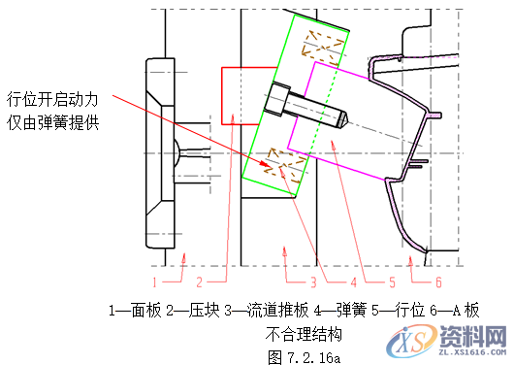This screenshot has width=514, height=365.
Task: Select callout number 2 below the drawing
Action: click(x=198, y=282)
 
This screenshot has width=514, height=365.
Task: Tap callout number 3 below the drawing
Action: click(x=313, y=282)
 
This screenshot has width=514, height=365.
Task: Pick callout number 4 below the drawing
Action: click(x=353, y=282)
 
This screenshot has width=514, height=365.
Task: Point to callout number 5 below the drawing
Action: click(x=393, y=282)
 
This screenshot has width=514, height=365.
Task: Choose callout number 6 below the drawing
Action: click(x=438, y=282)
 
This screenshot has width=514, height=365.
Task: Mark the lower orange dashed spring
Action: click(x=282, y=162)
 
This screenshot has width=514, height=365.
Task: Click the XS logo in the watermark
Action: click(x=408, y=341)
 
